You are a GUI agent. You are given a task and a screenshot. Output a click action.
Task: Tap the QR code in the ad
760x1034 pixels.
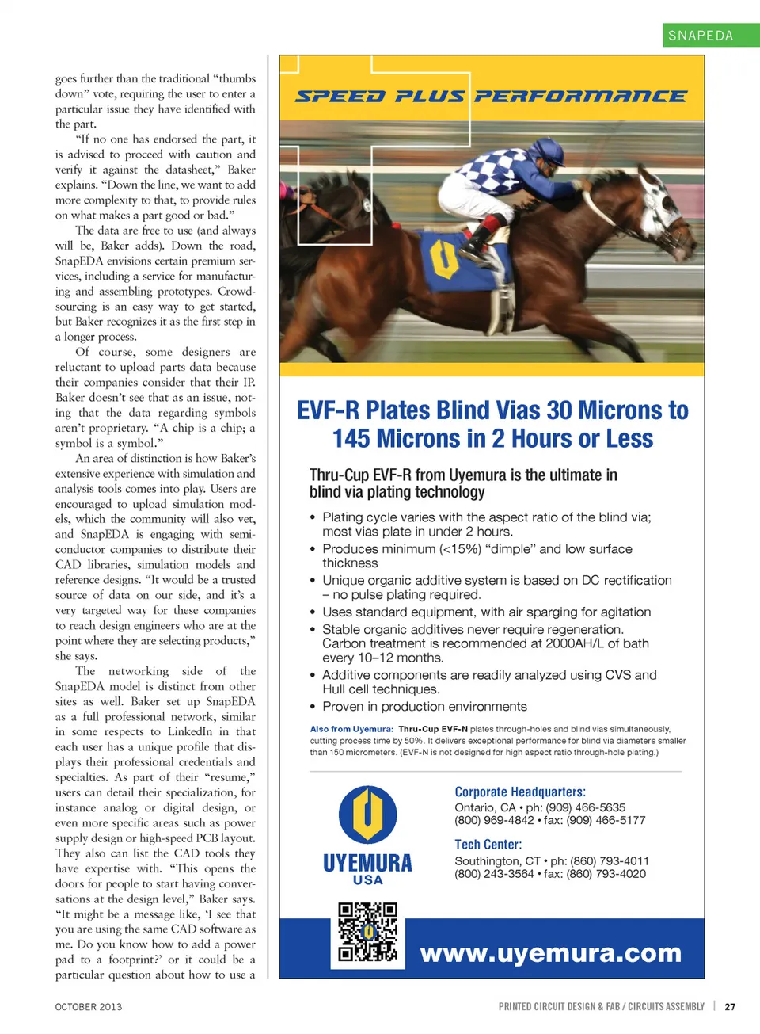[367, 932]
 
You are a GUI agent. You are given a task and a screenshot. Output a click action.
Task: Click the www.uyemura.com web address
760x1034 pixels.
[550, 952]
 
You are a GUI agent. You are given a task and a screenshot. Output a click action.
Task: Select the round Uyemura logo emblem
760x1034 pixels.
[367, 814]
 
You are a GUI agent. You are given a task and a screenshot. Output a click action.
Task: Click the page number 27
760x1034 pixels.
[730, 1007]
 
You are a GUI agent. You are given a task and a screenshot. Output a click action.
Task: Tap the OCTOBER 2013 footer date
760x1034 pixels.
[89, 1007]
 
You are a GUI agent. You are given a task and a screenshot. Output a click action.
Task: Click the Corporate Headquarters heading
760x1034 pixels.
[520, 792]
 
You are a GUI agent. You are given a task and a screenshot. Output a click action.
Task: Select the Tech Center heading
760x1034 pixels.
[488, 845]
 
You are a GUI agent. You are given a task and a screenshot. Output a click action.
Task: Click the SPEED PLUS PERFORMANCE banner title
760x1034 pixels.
[491, 97]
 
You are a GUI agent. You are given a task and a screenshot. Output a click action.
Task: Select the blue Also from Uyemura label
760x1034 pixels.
[351, 729]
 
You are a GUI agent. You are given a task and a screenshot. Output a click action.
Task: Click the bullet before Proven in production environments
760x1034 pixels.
[313, 707]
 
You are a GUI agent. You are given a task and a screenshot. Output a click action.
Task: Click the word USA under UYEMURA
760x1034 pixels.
[367, 880]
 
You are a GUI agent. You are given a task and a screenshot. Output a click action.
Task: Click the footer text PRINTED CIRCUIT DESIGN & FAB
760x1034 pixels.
[559, 1007]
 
